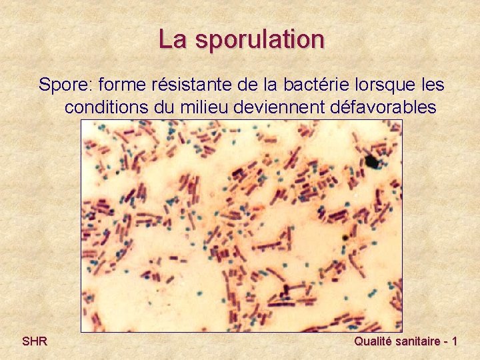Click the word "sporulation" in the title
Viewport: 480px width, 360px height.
click(x=261, y=40)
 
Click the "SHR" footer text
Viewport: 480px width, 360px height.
click(x=34, y=341)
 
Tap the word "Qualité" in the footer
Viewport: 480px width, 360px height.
click(x=375, y=341)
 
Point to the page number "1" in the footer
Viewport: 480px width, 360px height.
click(x=454, y=341)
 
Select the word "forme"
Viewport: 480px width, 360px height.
click(x=124, y=85)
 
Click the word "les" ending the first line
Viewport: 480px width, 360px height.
click(x=431, y=85)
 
